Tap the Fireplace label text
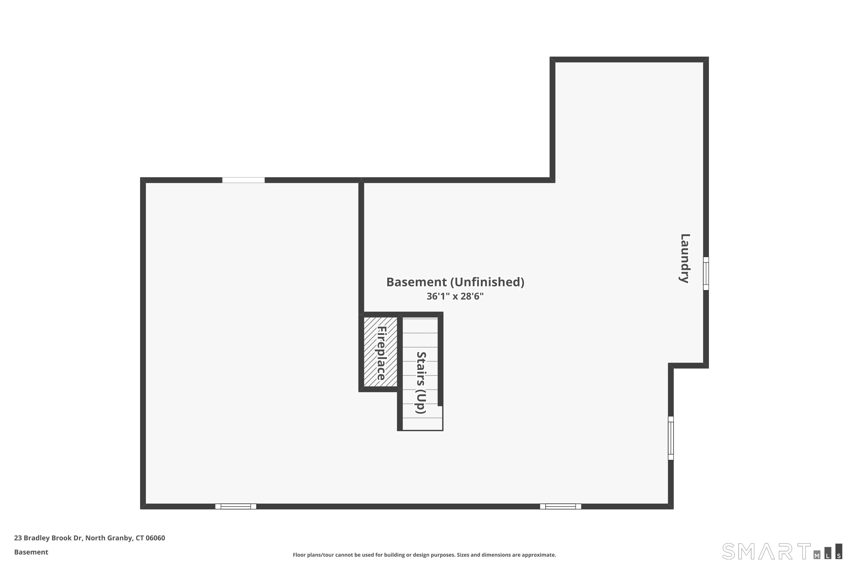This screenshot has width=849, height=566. [x=381, y=353]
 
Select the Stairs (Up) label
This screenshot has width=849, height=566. [x=421, y=383]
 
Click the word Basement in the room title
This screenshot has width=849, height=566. [x=416, y=282]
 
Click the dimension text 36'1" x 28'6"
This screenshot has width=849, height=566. [x=455, y=296]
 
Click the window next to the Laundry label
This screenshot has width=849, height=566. [x=706, y=273]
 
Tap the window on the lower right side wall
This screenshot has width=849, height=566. [x=671, y=438]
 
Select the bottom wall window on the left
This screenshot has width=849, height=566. [x=236, y=507]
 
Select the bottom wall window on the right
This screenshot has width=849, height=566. [x=560, y=507]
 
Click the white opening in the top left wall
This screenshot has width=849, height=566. [x=243, y=180]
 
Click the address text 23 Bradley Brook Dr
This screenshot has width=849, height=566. [x=48, y=538]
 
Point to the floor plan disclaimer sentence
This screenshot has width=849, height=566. [x=424, y=555]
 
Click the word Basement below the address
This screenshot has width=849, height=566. [x=31, y=552]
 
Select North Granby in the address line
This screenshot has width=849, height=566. [x=108, y=538]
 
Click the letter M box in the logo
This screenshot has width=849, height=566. [x=817, y=555]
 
